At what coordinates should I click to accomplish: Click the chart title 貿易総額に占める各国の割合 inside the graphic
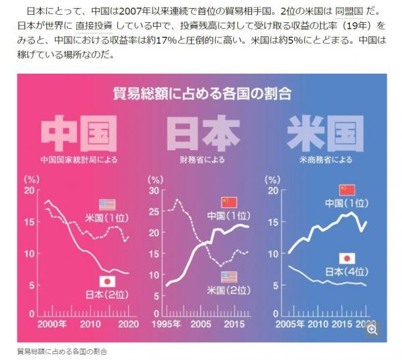[x=202, y=93]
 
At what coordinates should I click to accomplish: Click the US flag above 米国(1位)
[x=107, y=204]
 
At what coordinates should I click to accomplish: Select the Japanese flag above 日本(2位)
[x=107, y=282]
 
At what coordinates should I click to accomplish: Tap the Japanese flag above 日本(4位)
[x=346, y=258]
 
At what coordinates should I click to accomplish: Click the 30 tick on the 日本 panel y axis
[x=155, y=191]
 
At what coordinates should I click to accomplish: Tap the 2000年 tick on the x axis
[x=52, y=323]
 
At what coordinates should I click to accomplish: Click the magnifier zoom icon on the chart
[x=373, y=328]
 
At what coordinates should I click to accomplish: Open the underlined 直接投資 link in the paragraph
[x=94, y=26]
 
